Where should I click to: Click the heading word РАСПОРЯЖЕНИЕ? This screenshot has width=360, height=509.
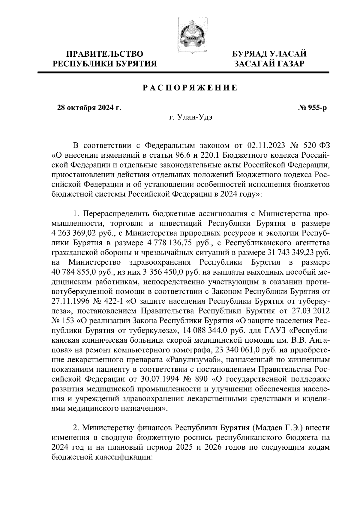click(x=190, y=88)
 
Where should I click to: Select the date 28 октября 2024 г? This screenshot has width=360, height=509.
click(x=89, y=108)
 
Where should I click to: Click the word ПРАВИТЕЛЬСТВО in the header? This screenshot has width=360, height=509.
click(x=105, y=54)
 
